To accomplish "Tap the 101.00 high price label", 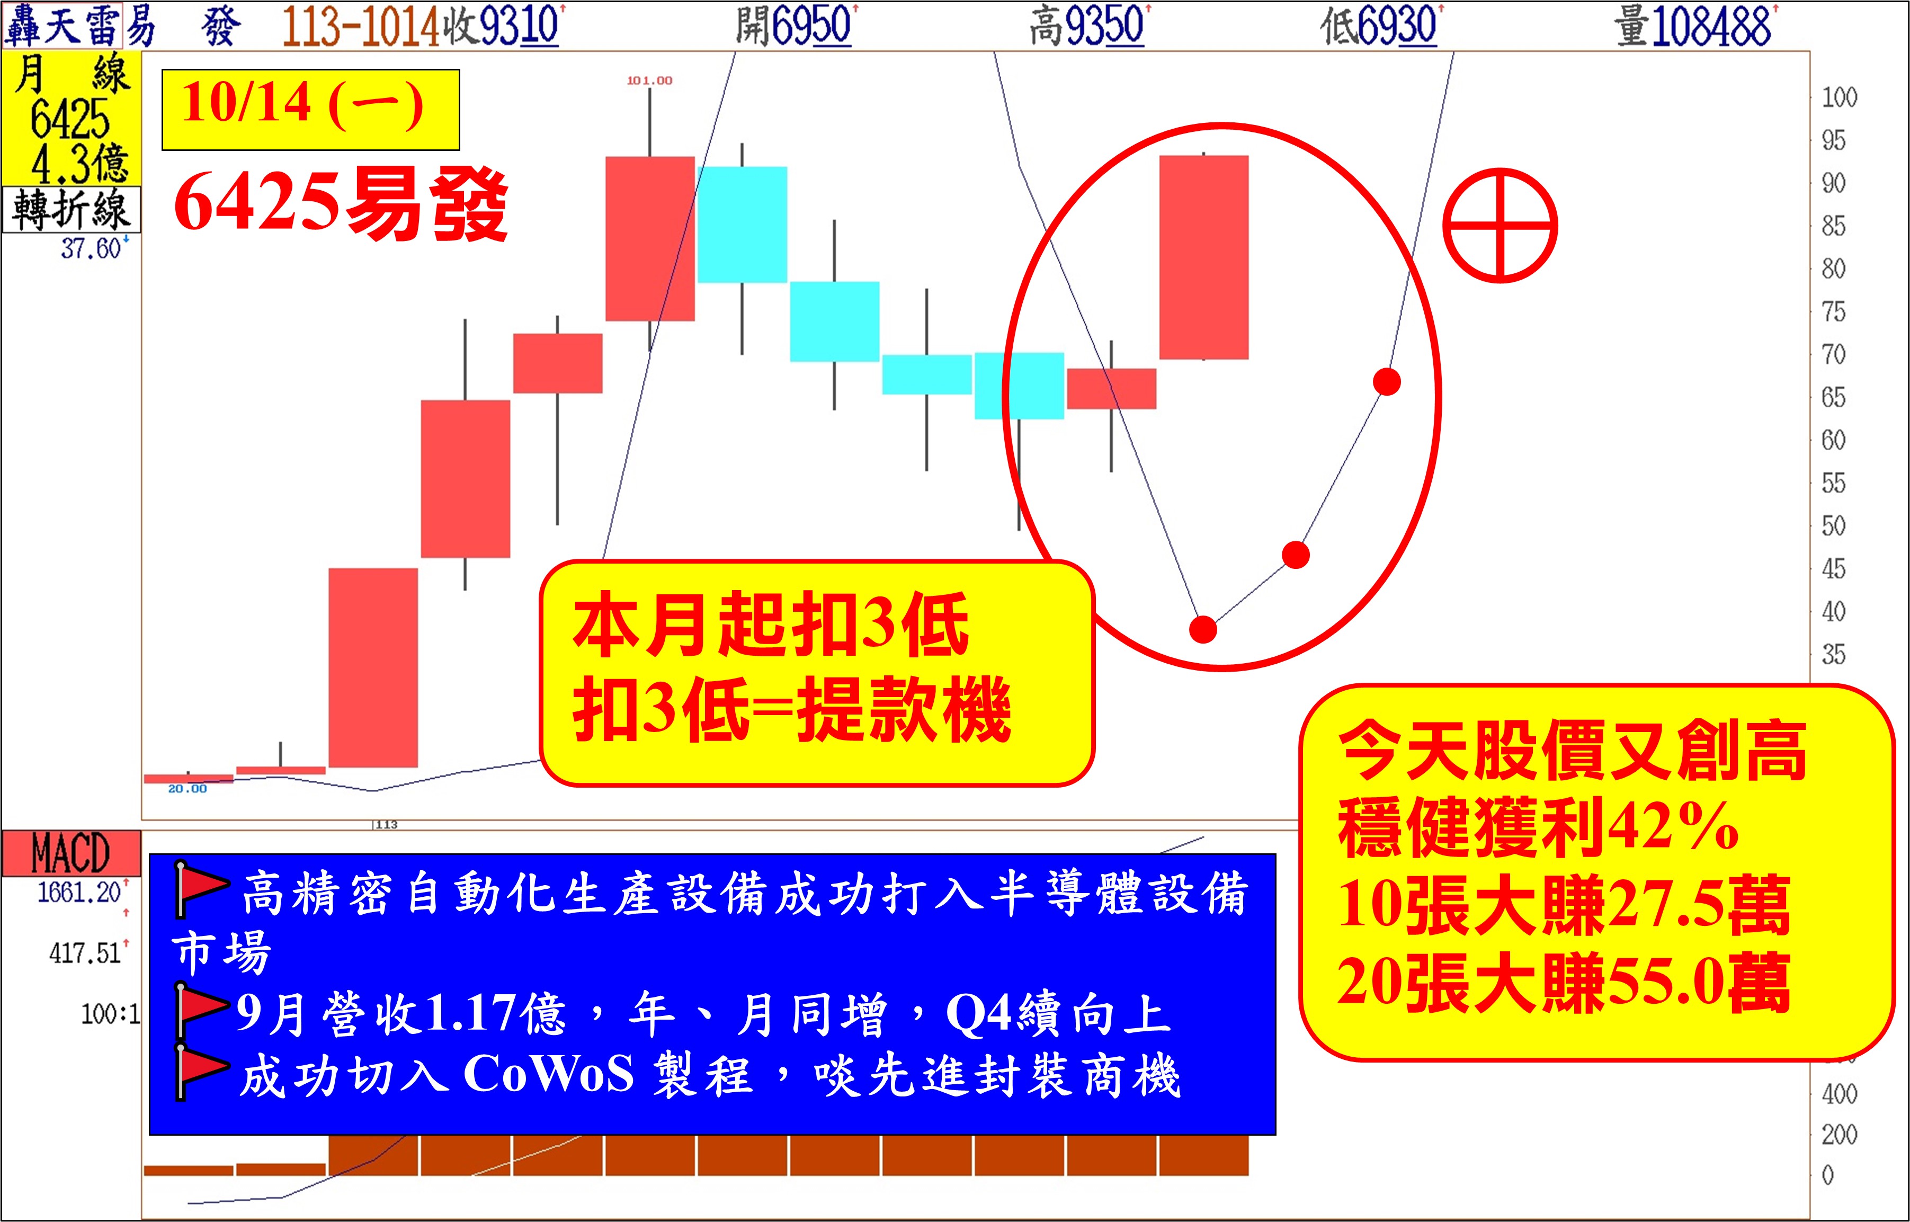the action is (x=649, y=80).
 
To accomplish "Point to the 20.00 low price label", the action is (x=188, y=789).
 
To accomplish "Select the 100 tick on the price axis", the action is (x=1840, y=97).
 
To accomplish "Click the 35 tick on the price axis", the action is (x=1834, y=655).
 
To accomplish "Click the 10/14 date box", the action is (x=310, y=110).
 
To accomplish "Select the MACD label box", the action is (x=70, y=853).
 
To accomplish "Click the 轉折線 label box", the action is (x=70, y=209).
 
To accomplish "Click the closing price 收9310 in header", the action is (x=503, y=25).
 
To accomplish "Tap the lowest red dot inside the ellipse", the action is (x=1203, y=629).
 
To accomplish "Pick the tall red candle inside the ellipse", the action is (x=1204, y=257).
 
